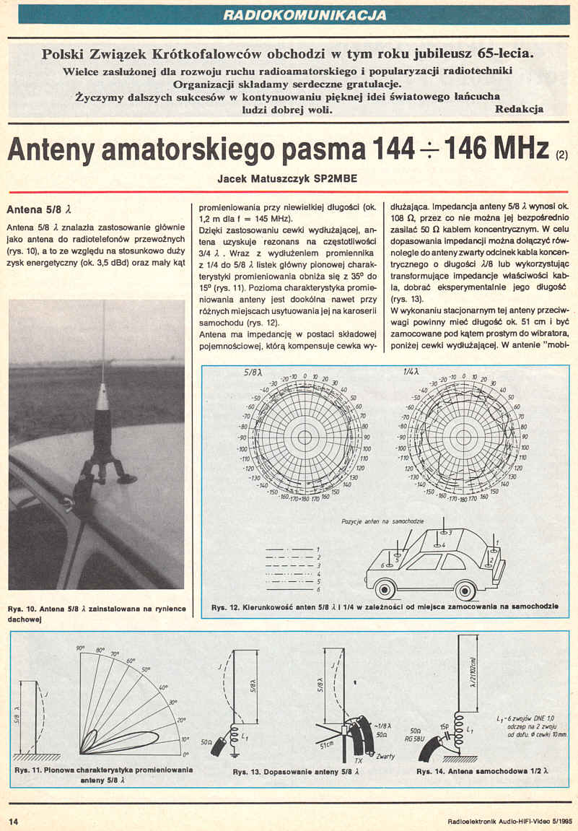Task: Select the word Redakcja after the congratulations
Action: click(x=520, y=109)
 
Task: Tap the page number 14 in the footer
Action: click(x=13, y=821)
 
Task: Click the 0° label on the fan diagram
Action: click(x=185, y=753)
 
